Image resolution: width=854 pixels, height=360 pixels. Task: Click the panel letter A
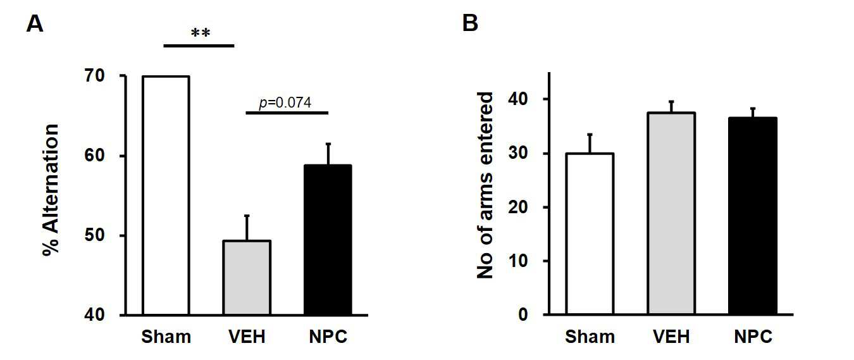[35, 23]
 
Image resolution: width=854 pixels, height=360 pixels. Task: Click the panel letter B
[469, 23]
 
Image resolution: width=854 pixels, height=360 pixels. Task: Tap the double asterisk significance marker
[201, 33]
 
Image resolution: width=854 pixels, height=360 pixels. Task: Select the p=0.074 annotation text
[285, 102]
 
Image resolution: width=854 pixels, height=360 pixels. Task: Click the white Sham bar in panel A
[166, 196]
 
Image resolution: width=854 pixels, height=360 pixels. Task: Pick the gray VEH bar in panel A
[247, 278]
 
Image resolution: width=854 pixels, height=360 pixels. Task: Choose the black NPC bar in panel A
[328, 240]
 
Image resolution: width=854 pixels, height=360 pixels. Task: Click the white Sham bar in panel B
[590, 233]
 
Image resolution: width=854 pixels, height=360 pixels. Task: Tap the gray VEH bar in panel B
[671, 214]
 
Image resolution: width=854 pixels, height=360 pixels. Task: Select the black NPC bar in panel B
[753, 216]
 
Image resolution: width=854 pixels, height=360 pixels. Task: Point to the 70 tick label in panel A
[94, 76]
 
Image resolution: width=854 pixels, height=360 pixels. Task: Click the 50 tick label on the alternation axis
[94, 235]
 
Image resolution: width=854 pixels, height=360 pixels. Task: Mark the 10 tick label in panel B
[518, 261]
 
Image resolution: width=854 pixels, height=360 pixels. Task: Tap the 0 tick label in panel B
[523, 314]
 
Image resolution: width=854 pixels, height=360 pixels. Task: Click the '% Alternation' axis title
[51, 190]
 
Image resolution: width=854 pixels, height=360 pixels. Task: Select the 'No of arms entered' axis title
[485, 185]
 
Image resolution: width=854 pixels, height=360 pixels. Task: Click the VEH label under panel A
[247, 337]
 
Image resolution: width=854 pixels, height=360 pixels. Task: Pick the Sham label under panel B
[590, 337]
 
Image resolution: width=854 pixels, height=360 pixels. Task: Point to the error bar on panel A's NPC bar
[328, 154]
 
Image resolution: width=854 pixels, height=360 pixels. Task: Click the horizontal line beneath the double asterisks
[199, 46]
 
